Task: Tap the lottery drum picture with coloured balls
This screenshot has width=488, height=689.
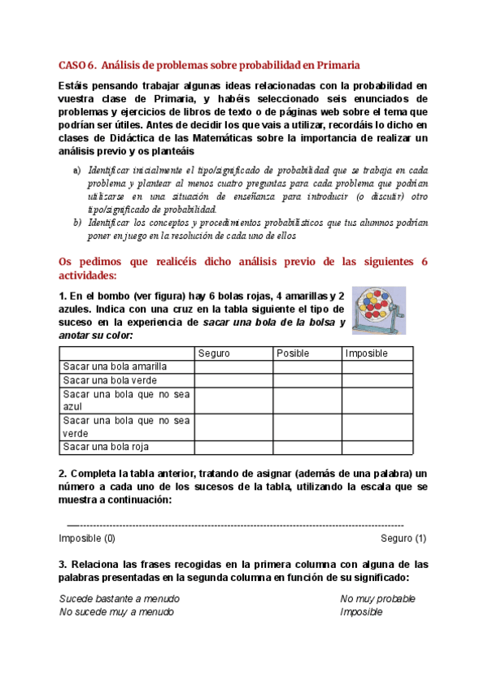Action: point(380,310)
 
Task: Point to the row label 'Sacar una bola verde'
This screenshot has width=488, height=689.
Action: point(110,380)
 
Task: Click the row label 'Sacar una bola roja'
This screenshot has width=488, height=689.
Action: point(106,447)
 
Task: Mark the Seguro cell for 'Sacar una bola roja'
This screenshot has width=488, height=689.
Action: point(233,447)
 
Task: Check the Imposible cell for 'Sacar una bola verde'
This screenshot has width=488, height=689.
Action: point(377,380)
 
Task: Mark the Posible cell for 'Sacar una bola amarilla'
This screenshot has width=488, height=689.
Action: point(307,367)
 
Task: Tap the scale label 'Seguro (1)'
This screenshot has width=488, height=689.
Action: point(403,538)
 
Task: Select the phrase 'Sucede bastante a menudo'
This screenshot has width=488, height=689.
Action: point(120,599)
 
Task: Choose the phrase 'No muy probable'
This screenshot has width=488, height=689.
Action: point(377,599)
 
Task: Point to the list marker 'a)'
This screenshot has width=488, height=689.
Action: point(77,170)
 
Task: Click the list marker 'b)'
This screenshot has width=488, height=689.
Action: point(77,222)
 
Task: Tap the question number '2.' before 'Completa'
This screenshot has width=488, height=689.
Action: point(63,474)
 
